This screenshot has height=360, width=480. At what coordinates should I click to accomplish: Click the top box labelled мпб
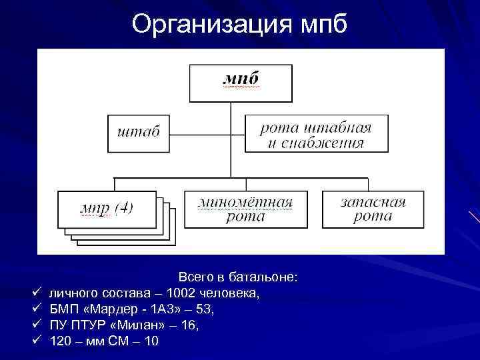point(241,83)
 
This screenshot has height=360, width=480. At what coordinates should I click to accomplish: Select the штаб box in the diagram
point(139,133)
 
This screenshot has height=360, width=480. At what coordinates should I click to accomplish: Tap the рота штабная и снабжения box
point(315,133)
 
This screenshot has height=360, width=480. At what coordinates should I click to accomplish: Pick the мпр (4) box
point(107,208)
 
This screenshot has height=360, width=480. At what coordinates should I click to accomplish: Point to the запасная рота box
point(373,209)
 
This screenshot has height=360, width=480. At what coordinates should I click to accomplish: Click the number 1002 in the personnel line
point(181,293)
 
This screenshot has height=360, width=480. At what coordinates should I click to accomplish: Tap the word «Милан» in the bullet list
point(139,326)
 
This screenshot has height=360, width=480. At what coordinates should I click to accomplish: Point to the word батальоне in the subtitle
point(268,277)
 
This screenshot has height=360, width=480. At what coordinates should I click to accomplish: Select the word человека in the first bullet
point(230,293)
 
